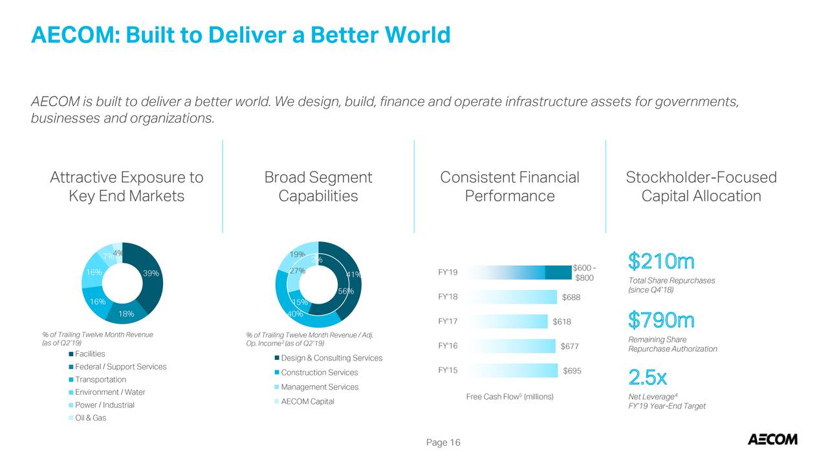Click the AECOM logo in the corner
pos(772,439)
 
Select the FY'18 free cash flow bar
pos(511,296)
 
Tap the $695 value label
pos(572,370)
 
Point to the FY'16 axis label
pos(448,346)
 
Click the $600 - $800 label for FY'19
pos(584,273)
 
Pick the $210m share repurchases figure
pos(661,262)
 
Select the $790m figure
pos(661,320)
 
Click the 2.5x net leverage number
pos(648,377)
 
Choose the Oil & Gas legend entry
pos(91,417)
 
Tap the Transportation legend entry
pos(100,379)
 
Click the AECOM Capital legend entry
pos(307,401)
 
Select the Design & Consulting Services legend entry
pos(331,358)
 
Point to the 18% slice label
pos(126,314)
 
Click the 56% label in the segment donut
pos(346,292)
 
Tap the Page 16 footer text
pos(443,443)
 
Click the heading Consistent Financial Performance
pos(510,186)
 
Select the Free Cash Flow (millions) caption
pos(510,396)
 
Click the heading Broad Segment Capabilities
pos(318,186)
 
